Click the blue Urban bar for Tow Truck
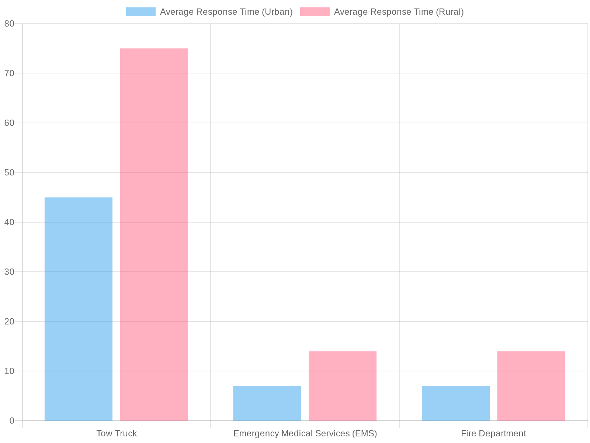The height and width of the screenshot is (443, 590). (x=79, y=309)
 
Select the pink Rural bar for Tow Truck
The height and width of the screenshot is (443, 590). (x=154, y=234)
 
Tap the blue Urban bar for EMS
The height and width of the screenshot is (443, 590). (x=267, y=403)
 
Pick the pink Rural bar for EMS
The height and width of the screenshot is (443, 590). (x=342, y=386)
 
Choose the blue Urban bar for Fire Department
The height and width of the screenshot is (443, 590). (x=456, y=403)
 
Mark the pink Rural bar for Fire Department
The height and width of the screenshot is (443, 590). (x=531, y=386)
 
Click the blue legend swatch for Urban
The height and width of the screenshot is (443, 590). (x=140, y=12)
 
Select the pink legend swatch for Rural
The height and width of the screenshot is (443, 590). (x=315, y=12)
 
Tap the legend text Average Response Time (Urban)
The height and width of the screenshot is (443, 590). (x=226, y=12)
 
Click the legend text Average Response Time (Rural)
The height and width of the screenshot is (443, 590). (x=399, y=12)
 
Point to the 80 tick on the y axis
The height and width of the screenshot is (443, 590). (x=9, y=24)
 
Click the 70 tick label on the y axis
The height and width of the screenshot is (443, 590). (x=9, y=73)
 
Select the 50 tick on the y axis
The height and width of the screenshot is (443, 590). (x=9, y=173)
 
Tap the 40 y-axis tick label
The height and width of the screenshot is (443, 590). (x=9, y=222)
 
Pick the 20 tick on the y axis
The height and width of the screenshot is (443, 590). (x=9, y=322)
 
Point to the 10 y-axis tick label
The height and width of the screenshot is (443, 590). (x=9, y=371)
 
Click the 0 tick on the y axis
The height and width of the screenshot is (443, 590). (x=12, y=421)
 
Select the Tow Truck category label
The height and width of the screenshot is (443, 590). (x=117, y=433)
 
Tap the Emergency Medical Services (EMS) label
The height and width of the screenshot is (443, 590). (x=305, y=433)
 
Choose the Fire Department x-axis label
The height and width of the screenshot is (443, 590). (x=493, y=433)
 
